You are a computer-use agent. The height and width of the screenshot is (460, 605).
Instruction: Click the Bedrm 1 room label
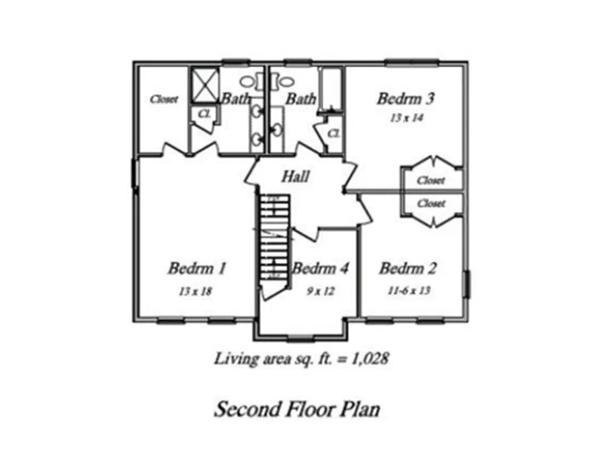point(197,268)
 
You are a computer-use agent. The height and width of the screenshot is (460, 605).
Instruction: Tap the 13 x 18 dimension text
point(195,291)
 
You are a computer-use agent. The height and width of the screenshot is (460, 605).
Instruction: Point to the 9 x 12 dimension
point(321,291)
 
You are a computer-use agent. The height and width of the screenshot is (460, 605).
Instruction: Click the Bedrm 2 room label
point(408,268)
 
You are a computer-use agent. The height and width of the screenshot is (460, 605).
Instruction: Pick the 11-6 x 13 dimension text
point(409,291)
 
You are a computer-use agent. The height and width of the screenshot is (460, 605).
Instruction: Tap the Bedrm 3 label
point(406,98)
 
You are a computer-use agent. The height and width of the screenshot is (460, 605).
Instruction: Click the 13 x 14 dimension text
point(407,118)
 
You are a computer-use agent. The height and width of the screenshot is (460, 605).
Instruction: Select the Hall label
point(296,177)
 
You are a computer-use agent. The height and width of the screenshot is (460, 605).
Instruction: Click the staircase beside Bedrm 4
point(274,243)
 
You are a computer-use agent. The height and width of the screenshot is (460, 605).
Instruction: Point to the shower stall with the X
point(205,85)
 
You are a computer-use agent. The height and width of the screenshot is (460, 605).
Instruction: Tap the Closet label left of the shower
point(165,100)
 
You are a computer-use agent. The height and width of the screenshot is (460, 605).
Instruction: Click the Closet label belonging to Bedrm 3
point(431,180)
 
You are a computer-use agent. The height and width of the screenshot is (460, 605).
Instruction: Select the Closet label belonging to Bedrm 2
point(431,203)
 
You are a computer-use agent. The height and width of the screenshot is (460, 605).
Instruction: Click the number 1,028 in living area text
point(369,359)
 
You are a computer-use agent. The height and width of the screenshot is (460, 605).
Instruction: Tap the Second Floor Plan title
point(297,409)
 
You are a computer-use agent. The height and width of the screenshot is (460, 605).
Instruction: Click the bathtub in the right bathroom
point(332,89)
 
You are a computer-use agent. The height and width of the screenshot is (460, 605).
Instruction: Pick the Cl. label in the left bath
point(204,114)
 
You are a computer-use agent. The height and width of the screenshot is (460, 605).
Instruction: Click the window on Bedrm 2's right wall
point(467,284)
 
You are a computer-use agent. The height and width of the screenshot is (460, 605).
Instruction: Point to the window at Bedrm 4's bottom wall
point(301,340)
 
